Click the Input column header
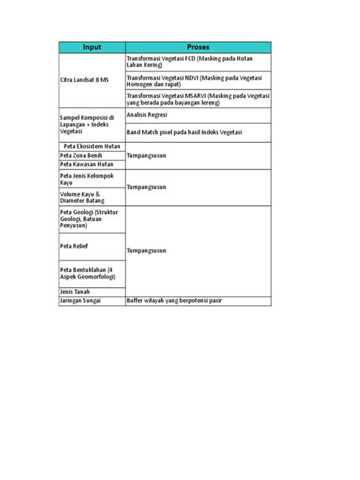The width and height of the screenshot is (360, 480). pyautogui.click(x=92, y=47)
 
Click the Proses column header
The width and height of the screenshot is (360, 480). pyautogui.click(x=197, y=47)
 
